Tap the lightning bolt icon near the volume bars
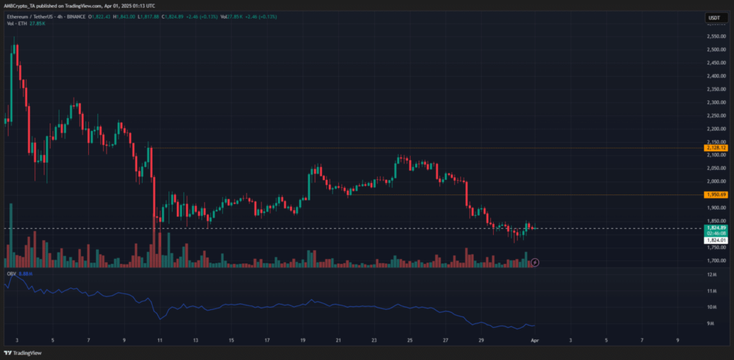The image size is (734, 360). coord(535,262)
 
